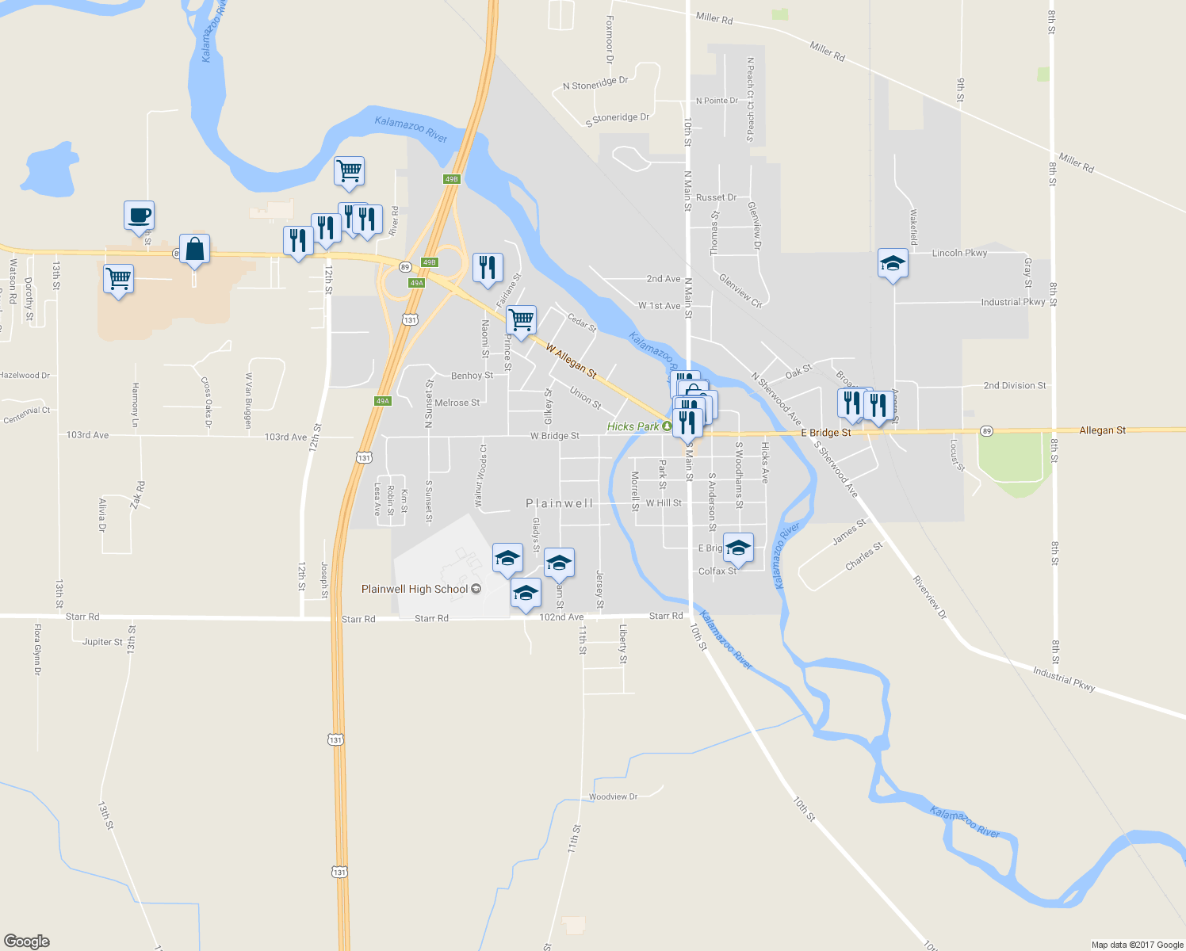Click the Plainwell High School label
pyautogui.click(x=415, y=589)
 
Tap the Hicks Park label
pyautogui.click(x=633, y=426)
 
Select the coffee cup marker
pyautogui.click(x=139, y=216)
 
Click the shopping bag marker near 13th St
pyautogui.click(x=194, y=250)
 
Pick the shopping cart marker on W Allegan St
pyautogui.click(x=521, y=321)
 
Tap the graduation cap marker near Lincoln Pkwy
pyautogui.click(x=893, y=264)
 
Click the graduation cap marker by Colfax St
pyautogui.click(x=738, y=548)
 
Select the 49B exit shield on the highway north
pyautogui.click(x=451, y=179)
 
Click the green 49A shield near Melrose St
pyautogui.click(x=383, y=401)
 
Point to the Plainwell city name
pyautogui.click(x=560, y=503)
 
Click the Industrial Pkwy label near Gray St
pyautogui.click(x=1012, y=302)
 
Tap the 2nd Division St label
pyautogui.click(x=1015, y=386)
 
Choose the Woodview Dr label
pyautogui.click(x=613, y=796)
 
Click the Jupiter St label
pyautogui.click(x=102, y=642)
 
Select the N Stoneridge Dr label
pyautogui.click(x=595, y=83)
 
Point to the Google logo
pyautogui.click(x=26, y=941)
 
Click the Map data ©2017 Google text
pyautogui.click(x=1137, y=945)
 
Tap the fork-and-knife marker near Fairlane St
pyautogui.click(x=488, y=268)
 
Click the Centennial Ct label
pyautogui.click(x=26, y=414)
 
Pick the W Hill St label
pyautogui.click(x=664, y=503)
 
